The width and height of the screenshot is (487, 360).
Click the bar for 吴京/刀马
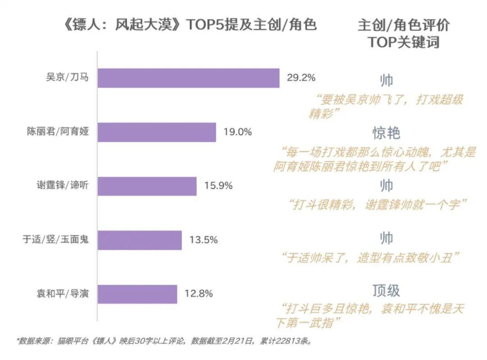(x=188, y=78)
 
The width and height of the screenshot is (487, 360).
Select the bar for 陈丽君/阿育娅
(x=157, y=132)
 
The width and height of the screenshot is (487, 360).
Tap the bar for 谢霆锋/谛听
(x=147, y=186)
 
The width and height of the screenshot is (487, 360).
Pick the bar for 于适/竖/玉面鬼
(x=140, y=240)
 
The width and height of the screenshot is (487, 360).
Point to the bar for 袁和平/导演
(x=138, y=294)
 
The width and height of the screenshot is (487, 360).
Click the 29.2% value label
(x=301, y=77)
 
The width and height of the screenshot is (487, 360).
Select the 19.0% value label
(x=237, y=132)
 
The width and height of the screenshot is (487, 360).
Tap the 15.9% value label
(x=218, y=186)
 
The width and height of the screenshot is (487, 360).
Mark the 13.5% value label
(x=203, y=240)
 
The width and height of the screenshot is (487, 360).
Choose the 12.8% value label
(x=198, y=294)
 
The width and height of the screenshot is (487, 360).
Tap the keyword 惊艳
(x=386, y=133)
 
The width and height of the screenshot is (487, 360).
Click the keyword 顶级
(x=386, y=291)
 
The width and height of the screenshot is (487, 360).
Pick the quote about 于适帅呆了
(x=370, y=257)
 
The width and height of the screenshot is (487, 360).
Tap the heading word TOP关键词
(x=404, y=42)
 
